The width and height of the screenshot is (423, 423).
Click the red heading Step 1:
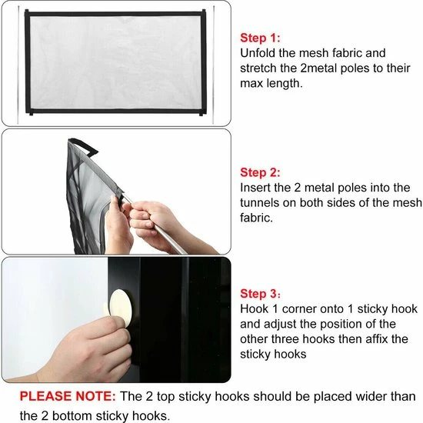coord(260,38)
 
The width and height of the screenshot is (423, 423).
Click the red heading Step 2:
coord(260,172)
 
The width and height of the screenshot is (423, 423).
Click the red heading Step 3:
coord(260,294)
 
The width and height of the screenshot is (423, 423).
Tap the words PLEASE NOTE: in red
coord(68,396)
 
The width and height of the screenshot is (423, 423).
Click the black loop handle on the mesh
coord(83,146)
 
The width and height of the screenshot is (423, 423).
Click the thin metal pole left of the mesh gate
coord(18,65)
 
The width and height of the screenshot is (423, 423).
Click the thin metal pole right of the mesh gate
coord(213,65)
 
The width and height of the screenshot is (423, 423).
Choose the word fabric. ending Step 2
coord(256,218)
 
